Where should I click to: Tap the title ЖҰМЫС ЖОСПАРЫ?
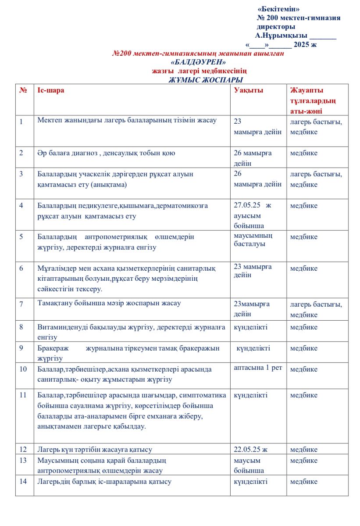[x=206, y=80]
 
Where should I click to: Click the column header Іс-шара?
[x=51, y=90]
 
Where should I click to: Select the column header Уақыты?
[x=249, y=90]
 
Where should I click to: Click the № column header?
[x=23, y=90]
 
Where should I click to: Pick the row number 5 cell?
[x=21, y=237]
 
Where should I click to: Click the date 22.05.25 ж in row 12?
[x=251, y=449]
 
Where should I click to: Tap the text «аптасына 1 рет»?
[x=258, y=368]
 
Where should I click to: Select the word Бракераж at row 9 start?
[x=52, y=348]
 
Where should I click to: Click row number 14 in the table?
[x=23, y=481]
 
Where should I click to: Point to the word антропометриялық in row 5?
[x=114, y=237]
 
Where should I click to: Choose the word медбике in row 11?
[x=304, y=395]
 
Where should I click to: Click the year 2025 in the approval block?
[x=302, y=44]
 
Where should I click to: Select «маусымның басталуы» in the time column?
[x=253, y=240]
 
